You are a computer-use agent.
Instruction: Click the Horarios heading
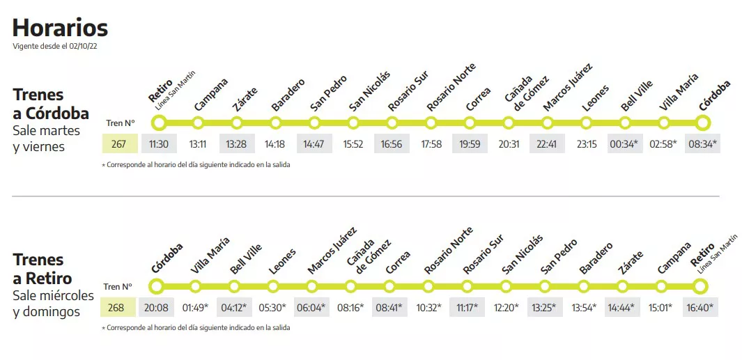coord(60,28)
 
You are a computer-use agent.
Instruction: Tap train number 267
coord(119,144)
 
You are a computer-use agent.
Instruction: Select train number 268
coord(116,307)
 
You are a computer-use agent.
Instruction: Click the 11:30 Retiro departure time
coord(159,144)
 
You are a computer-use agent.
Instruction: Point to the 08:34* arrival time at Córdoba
coord(702,144)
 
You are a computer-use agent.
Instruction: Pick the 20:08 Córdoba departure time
coord(156,307)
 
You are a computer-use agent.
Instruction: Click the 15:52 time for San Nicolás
coord(353,144)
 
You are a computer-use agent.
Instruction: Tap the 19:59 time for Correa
coord(470,144)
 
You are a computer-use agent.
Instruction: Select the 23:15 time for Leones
coord(586,144)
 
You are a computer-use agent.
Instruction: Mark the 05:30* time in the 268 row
coord(273,307)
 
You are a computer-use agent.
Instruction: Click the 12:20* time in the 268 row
coord(507,307)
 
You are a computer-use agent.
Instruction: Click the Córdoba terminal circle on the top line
coord(702,123)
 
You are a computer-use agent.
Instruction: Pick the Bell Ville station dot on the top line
coord(625,123)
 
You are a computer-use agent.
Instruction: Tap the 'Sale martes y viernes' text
coord(47,139)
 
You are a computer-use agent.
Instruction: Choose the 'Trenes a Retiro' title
coord(42,269)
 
